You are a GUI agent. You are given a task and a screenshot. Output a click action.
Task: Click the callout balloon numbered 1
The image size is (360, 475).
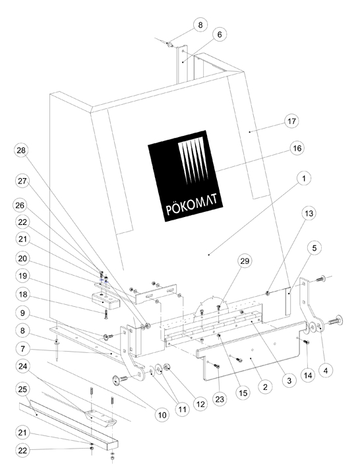304,178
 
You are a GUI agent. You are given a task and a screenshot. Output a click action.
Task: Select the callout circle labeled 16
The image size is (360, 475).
297,148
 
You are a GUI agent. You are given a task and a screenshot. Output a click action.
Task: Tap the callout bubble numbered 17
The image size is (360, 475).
291,121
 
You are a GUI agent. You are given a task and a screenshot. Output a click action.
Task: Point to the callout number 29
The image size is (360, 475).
245,261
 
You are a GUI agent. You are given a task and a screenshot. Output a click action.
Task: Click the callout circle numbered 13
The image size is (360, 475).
309,213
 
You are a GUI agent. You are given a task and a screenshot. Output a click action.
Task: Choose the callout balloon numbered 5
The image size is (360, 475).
314,248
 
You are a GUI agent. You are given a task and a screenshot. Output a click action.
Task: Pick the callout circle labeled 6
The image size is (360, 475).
219,34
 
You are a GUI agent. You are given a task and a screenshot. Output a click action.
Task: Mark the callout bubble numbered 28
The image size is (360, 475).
21,150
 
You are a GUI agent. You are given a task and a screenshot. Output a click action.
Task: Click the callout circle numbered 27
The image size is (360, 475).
22,181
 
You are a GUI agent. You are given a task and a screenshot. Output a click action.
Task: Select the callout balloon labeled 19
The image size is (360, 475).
22,276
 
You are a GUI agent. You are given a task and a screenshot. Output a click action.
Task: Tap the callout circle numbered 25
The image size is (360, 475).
22,389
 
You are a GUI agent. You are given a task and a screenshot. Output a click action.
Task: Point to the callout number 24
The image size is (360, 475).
22,366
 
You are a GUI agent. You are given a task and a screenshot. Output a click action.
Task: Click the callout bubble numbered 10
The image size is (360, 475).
162,415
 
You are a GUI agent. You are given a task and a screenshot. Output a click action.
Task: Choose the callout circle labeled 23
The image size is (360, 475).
220,399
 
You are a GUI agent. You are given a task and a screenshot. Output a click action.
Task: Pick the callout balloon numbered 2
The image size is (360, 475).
265,387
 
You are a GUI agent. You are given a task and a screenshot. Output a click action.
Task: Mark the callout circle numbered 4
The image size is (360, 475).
326,370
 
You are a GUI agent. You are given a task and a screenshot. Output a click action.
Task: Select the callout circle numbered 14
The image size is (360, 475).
308,375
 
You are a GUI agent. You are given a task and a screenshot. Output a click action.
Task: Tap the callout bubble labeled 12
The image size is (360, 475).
200,404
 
